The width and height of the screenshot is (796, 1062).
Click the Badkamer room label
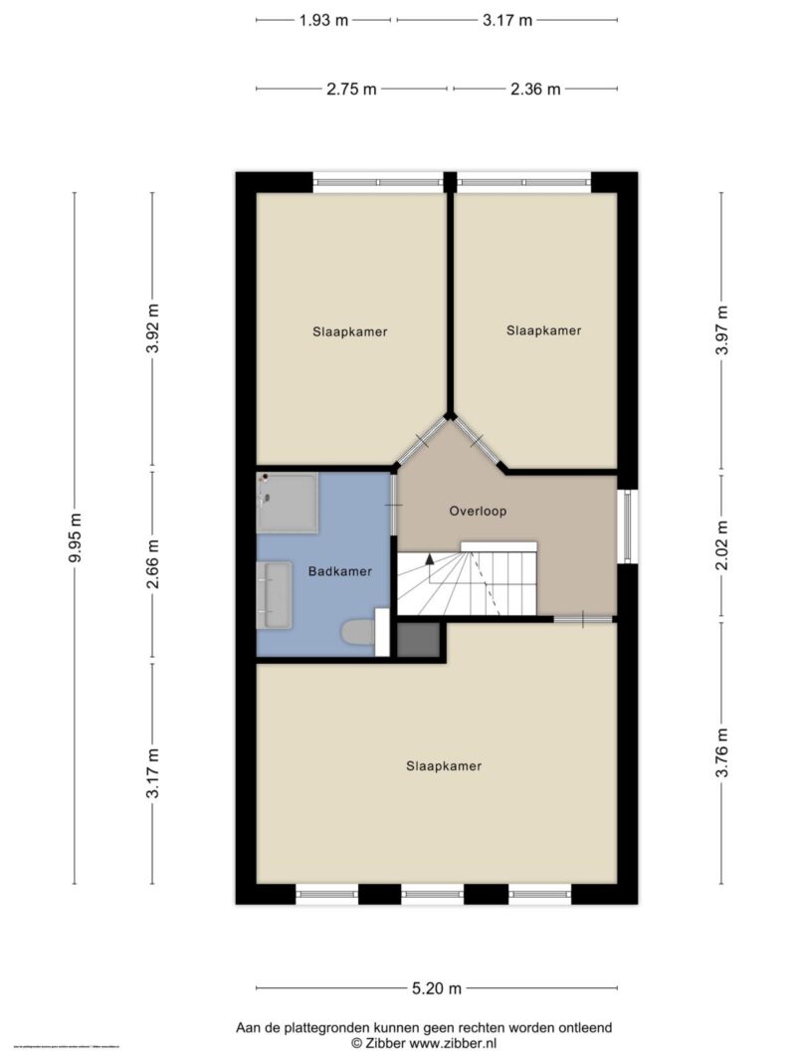click(x=339, y=571)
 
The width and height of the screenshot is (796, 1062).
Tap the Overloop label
click(x=478, y=512)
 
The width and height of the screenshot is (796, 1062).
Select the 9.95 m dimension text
click(x=76, y=537)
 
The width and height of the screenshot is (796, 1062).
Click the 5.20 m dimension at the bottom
click(x=436, y=988)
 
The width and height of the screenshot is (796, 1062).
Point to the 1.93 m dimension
click(x=322, y=20)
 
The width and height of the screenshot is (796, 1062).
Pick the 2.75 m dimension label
click(x=351, y=89)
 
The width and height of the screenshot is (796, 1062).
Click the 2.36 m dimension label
click(x=535, y=89)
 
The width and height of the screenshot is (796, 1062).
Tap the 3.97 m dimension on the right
click(x=722, y=329)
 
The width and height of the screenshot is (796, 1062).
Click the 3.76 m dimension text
click(x=722, y=753)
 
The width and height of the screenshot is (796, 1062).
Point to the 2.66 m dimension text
click(x=152, y=564)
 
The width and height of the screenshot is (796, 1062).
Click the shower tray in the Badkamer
click(x=287, y=503)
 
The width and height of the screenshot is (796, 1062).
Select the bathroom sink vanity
click(x=274, y=594)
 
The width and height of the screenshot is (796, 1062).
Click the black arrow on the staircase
click(x=430, y=559)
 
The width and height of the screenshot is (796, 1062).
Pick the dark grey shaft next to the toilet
click(x=418, y=640)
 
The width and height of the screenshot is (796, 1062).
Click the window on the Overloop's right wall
click(x=628, y=527)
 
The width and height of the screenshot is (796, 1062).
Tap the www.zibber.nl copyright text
click(x=424, y=1043)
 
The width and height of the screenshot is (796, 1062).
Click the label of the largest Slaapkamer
click(x=444, y=766)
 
